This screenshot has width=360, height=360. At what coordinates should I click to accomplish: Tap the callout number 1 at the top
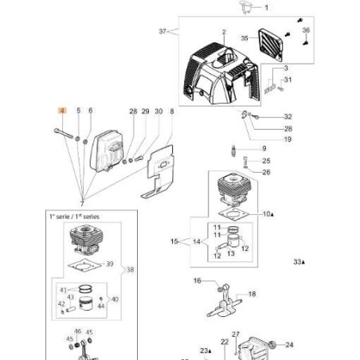tap(266, 6)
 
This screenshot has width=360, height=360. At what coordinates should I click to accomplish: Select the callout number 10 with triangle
tap(267, 213)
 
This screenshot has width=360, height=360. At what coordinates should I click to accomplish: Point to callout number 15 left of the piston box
tap(174, 240)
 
